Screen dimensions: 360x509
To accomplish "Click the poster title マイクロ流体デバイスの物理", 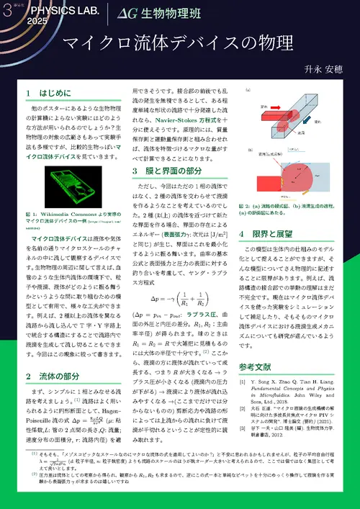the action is pos(179,42).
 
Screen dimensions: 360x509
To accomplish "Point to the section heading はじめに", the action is pos(50,94).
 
